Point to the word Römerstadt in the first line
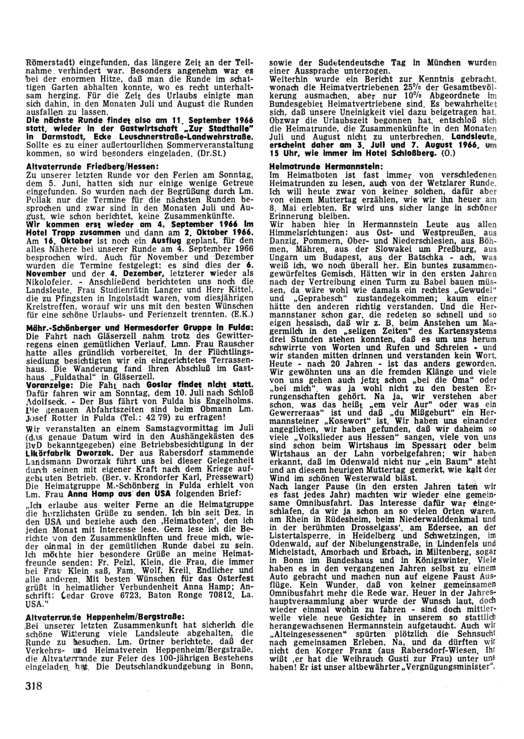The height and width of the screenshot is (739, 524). pyautogui.click(x=49, y=61)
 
